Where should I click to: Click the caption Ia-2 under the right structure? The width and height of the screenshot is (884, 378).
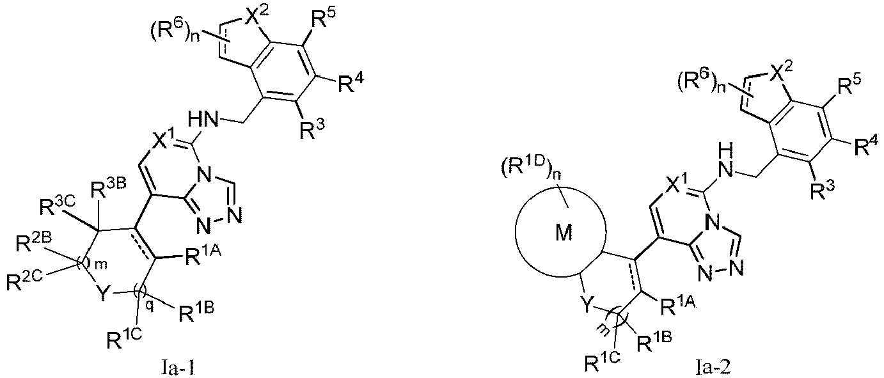[713, 368]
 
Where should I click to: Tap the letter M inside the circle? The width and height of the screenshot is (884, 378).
[563, 233]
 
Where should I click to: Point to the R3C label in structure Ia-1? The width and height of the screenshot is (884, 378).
[56, 206]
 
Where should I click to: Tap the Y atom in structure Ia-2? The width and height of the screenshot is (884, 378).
[587, 305]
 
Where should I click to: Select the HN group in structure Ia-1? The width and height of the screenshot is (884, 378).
[203, 119]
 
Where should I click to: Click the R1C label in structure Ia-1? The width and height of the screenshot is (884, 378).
[124, 339]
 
